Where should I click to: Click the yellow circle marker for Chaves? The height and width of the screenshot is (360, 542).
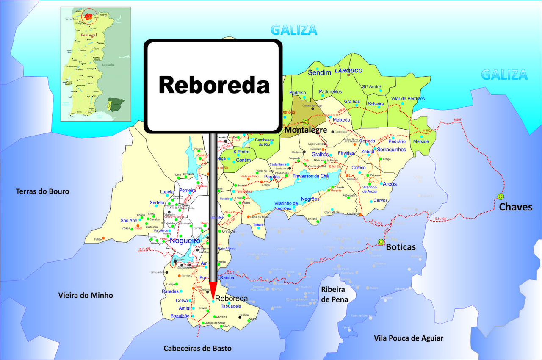[501, 197]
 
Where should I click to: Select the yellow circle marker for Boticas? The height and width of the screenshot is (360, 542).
[381, 242]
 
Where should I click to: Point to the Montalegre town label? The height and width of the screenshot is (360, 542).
[305, 130]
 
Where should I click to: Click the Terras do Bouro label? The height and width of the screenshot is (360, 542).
[42, 191]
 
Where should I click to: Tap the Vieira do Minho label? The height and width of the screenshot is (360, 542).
[86, 295]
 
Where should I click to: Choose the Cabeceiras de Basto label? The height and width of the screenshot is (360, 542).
[198, 348]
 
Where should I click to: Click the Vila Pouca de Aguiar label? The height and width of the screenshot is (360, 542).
[409, 338]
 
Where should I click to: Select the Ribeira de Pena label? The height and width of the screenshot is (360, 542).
[335, 294]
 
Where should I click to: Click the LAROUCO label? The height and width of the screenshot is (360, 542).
[349, 71]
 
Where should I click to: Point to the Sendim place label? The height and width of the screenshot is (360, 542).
[319, 73]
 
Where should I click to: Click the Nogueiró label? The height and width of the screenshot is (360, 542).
[185, 241]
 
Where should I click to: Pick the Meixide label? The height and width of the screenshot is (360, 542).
[421, 141]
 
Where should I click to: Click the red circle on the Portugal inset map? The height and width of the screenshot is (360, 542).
[89, 16]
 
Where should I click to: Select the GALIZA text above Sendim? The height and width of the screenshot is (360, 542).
[294, 30]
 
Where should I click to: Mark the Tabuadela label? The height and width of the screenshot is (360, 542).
[231, 306]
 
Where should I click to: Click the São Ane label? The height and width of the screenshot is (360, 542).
[129, 220]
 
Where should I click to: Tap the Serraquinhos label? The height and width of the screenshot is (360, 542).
[391, 150]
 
